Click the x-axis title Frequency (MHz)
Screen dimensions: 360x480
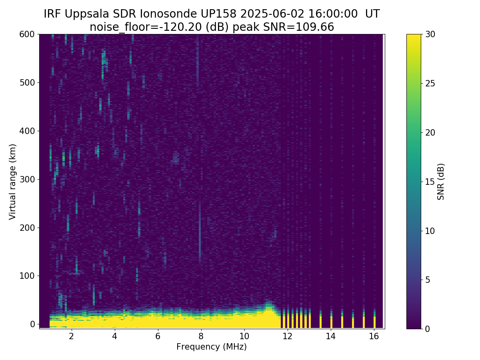point(212,347)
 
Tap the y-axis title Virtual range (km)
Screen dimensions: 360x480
point(13,182)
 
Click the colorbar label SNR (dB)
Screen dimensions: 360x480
point(441,182)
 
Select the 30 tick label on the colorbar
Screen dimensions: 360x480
point(430,34)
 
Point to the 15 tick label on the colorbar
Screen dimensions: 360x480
point(430,182)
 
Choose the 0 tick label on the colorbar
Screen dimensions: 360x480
point(428,329)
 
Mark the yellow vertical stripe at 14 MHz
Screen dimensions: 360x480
point(331,322)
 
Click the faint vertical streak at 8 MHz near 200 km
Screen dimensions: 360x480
point(200,232)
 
